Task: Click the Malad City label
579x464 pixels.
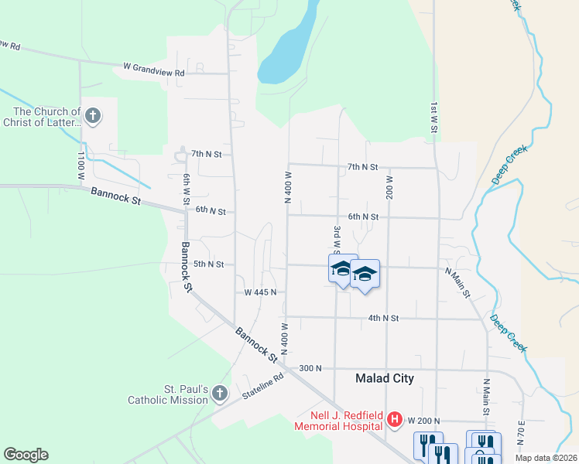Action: point(384,378)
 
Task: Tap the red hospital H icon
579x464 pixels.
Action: point(395,420)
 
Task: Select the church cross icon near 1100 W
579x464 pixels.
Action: point(92,117)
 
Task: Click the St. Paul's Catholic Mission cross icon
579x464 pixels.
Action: point(219,394)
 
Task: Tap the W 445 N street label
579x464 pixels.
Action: point(261,293)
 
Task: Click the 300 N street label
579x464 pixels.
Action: point(310,368)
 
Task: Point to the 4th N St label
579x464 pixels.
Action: point(383,318)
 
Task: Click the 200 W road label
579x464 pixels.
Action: point(389,186)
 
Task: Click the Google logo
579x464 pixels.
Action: point(26,455)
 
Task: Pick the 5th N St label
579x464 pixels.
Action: point(208,264)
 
